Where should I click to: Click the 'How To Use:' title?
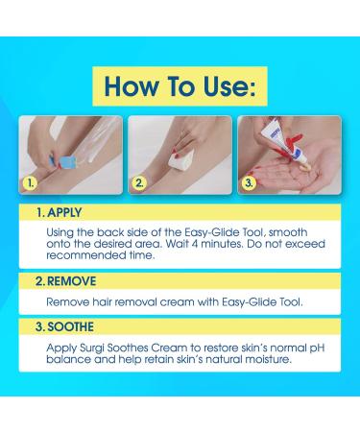(180, 86)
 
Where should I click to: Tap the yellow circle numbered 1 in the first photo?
(31, 183)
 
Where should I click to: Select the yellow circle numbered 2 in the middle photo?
(139, 183)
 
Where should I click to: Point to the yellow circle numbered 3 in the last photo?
(249, 183)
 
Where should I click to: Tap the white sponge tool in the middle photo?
(180, 158)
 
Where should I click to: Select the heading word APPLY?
(64, 213)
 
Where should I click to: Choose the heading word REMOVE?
(71, 281)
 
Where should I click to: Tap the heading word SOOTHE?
(71, 326)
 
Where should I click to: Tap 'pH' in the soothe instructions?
(317, 348)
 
